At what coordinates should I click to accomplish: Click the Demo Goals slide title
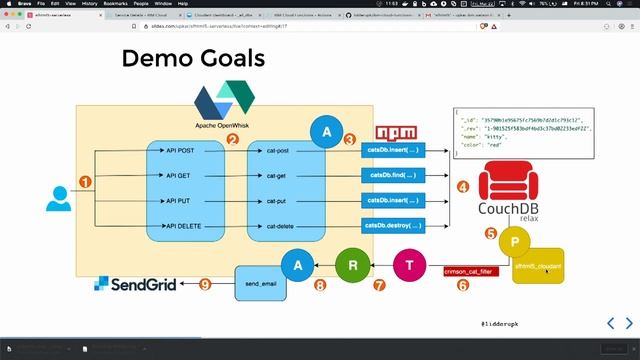coord(193,59)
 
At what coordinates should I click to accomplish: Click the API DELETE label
coord(184,226)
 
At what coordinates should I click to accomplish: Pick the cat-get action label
coord(277,175)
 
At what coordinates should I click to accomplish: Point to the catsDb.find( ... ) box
coord(392,175)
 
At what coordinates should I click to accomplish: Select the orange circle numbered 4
coord(463,186)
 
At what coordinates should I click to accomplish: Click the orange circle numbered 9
coord(204,284)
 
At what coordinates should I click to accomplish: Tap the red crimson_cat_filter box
coord(470,270)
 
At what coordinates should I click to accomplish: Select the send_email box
coord(259,284)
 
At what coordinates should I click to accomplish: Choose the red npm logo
coord(396,134)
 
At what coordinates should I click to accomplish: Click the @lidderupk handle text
coord(500,324)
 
